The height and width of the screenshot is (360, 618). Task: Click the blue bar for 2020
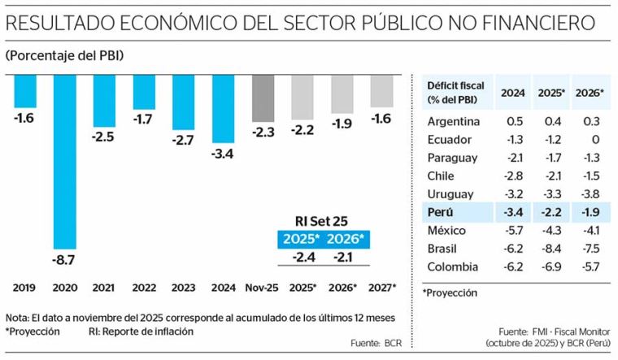(65, 162)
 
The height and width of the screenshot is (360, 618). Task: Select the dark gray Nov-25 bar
(263, 98)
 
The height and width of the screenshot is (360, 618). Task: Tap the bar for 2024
(223, 109)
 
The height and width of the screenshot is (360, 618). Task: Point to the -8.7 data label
(63, 260)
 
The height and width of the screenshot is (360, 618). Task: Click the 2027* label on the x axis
(382, 288)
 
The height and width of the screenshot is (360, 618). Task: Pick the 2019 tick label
(24, 288)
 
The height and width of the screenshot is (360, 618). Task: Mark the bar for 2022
(144, 92)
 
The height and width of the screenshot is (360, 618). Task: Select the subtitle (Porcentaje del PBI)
(64, 55)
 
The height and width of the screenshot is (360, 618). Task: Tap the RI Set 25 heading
(322, 221)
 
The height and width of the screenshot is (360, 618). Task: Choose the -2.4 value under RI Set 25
(304, 257)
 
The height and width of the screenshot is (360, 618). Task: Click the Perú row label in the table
(440, 212)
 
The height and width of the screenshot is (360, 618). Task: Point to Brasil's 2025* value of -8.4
(551, 249)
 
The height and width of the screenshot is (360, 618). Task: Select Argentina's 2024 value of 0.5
(515, 121)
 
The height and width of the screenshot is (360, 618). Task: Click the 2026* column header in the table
(590, 93)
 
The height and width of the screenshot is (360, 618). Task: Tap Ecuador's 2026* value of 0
(595, 140)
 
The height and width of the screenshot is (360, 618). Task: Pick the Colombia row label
(452, 267)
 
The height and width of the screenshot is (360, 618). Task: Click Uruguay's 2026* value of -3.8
(590, 194)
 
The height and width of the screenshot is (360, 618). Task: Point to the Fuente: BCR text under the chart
(376, 343)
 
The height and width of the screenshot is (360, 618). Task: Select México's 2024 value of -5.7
(513, 231)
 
